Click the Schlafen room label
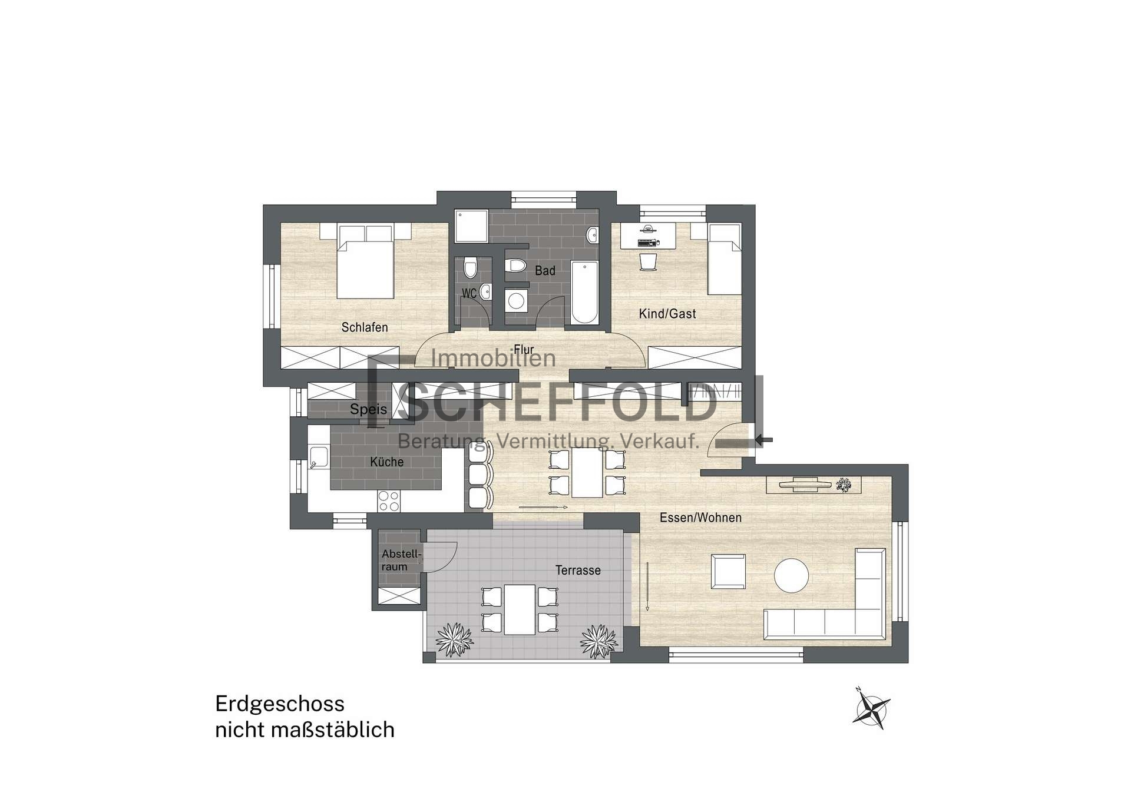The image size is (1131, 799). tap(365, 327)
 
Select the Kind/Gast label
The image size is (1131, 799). tap(667, 314)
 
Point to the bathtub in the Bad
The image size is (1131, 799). tap(584, 293)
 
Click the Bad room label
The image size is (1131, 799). tap(545, 271)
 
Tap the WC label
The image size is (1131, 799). tap(469, 293)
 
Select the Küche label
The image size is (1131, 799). tap(387, 462)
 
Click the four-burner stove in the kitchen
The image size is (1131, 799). tap(389, 501)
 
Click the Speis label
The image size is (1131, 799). tap(369, 409)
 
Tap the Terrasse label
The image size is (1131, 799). tap(578, 571)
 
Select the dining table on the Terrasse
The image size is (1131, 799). tap(520, 609)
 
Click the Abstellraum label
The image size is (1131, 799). tap(401, 561)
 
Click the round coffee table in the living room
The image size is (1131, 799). tap(792, 575)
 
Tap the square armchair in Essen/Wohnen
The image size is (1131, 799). tap(728, 571)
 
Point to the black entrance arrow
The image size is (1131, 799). tap(763, 439)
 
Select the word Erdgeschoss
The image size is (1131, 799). tap(280, 704)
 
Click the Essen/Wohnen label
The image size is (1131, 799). tap(700, 518)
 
